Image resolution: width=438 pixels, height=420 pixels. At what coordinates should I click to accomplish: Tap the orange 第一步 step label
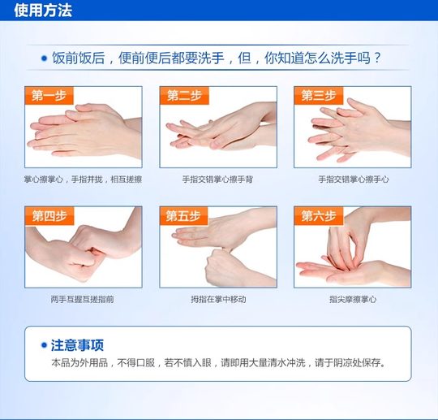pyautogui.click(x=49, y=96)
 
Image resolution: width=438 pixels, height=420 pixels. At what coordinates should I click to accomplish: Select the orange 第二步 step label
pyautogui.click(x=184, y=96)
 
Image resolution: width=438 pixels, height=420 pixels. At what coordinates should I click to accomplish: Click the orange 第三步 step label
pyautogui.click(x=318, y=96)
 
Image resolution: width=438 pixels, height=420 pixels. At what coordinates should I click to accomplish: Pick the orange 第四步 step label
pyautogui.click(x=49, y=216)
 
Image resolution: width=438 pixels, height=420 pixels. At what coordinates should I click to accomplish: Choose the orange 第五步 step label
pyautogui.click(x=183, y=216)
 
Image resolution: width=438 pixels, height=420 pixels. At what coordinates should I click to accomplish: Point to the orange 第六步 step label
pyautogui.click(x=318, y=216)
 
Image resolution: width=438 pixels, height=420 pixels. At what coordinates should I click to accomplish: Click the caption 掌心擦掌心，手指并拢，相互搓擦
pyautogui.click(x=83, y=179)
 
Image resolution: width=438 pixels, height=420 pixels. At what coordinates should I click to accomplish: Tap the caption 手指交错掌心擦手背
pyautogui.click(x=217, y=179)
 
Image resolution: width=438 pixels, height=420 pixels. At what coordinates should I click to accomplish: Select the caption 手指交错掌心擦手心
pyautogui.click(x=353, y=179)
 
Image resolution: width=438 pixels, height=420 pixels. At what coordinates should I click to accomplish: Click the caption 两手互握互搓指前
pyautogui.click(x=83, y=299)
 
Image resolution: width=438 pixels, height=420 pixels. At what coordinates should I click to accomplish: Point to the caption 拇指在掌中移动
pyautogui.click(x=217, y=299)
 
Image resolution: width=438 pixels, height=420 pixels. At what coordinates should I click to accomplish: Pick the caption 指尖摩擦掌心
pyautogui.click(x=353, y=299)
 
